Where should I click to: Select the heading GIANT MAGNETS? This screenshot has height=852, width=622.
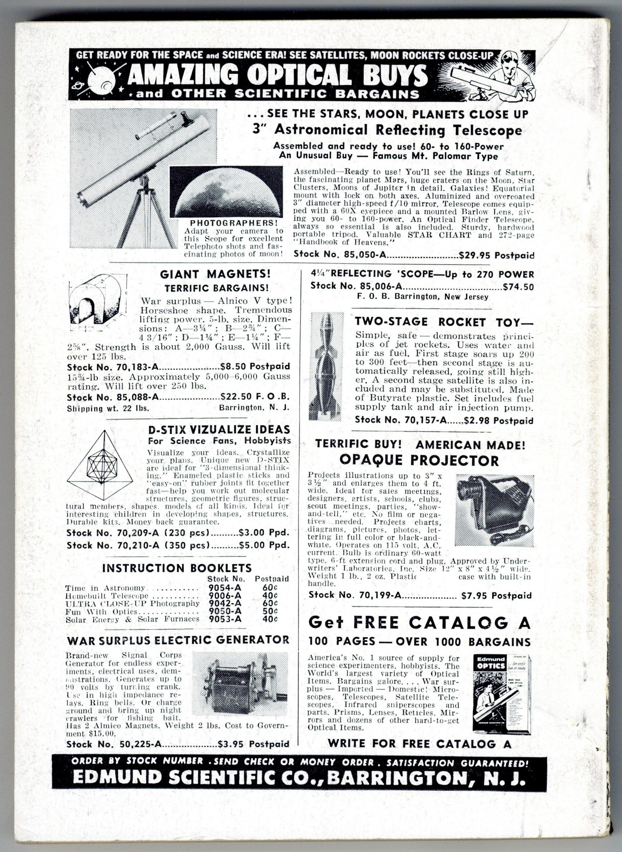pyautogui.click(x=216, y=274)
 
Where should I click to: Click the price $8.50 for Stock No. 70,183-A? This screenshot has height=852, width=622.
pyautogui.click(x=234, y=366)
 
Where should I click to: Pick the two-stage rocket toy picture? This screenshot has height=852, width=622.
pyautogui.click(x=326, y=366)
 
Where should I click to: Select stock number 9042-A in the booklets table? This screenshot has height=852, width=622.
pyautogui.click(x=225, y=603)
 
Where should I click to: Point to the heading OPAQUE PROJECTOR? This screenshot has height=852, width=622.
pyautogui.click(x=419, y=460)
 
